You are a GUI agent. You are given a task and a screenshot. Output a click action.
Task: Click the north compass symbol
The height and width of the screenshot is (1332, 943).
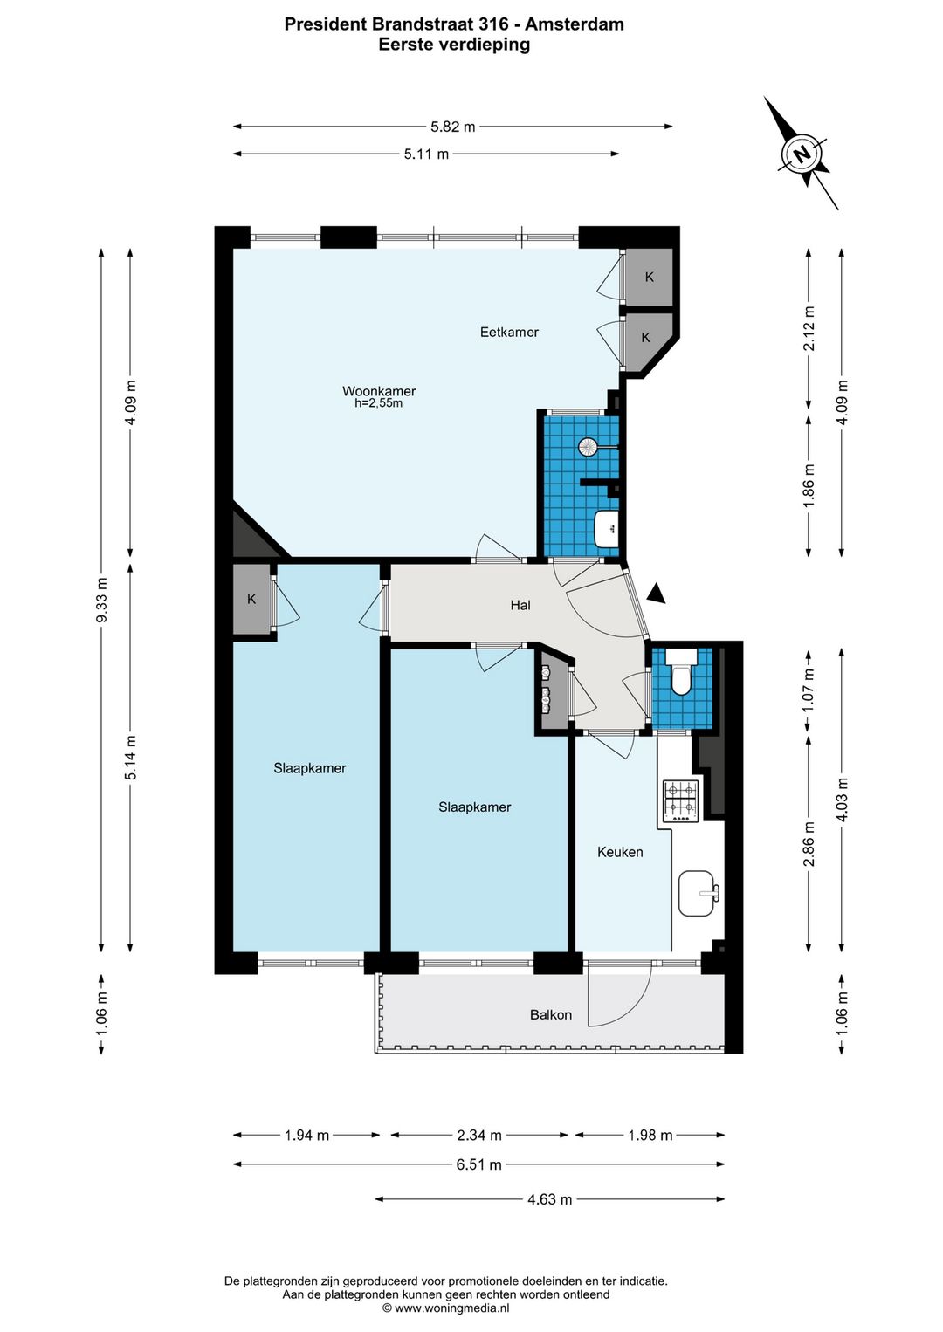(x=802, y=154)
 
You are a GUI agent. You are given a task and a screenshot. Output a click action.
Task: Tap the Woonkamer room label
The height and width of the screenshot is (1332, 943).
(x=378, y=391)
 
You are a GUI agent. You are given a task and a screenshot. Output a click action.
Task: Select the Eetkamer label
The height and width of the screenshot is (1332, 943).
(x=509, y=332)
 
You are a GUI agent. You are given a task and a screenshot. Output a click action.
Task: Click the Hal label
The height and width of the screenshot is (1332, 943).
(x=520, y=606)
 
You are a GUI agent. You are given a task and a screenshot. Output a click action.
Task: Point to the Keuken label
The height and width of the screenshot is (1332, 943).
(x=620, y=852)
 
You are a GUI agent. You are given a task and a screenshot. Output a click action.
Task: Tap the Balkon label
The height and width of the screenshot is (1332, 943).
(x=551, y=1014)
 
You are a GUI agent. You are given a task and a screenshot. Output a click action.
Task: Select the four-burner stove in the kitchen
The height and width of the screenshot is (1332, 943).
(x=681, y=802)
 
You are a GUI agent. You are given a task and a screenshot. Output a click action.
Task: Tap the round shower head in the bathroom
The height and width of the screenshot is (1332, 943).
(x=588, y=447)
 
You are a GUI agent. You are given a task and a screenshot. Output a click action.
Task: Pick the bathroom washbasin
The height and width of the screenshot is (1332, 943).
(x=606, y=527)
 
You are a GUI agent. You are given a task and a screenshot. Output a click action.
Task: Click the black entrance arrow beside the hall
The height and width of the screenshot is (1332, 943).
(x=657, y=594)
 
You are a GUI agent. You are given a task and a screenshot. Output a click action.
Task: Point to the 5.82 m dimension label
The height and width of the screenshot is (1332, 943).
(x=453, y=127)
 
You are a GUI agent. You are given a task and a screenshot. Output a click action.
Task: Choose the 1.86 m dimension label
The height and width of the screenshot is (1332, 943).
(x=809, y=486)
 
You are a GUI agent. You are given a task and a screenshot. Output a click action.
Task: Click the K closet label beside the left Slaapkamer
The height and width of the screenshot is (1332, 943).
(x=251, y=599)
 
